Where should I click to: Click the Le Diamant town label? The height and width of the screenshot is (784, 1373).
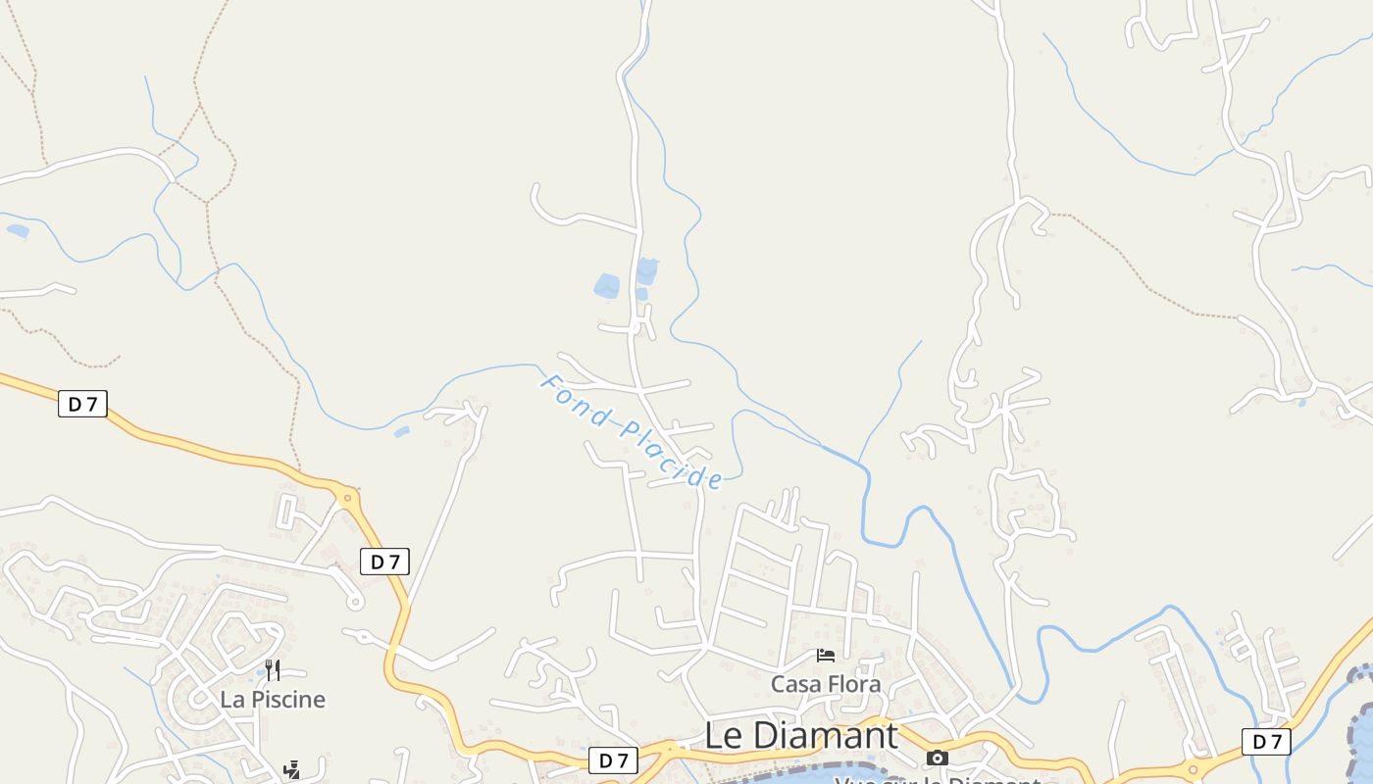pos(801,735)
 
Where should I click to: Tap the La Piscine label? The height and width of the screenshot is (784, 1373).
pos(273,699)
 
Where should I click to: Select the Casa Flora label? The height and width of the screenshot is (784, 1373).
pos(826,683)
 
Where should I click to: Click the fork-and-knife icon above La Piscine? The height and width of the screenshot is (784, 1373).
pos(273,670)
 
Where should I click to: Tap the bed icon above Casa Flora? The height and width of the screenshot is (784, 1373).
pos(826,655)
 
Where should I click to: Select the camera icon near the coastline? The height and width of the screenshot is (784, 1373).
pos(938,758)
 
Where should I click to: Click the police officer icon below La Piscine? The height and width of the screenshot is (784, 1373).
pos(291,770)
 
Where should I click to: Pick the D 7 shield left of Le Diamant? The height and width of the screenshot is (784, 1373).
pos(614,759)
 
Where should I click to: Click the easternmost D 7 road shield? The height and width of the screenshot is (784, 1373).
pos(1266,742)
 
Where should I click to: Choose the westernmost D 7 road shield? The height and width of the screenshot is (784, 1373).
pos(82,403)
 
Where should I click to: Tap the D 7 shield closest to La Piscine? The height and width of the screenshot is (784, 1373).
pos(384,562)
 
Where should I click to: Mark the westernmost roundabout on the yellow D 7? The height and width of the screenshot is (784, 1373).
pos(345,496)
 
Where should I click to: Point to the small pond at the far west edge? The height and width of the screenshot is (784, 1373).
pos(17,231)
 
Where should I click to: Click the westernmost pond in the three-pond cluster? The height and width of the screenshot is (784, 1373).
pos(607,286)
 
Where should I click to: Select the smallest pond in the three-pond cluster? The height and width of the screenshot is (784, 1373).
pos(641,294)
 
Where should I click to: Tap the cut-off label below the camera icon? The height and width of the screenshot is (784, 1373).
pos(937,780)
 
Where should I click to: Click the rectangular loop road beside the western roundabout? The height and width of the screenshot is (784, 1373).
pos(288,512)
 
